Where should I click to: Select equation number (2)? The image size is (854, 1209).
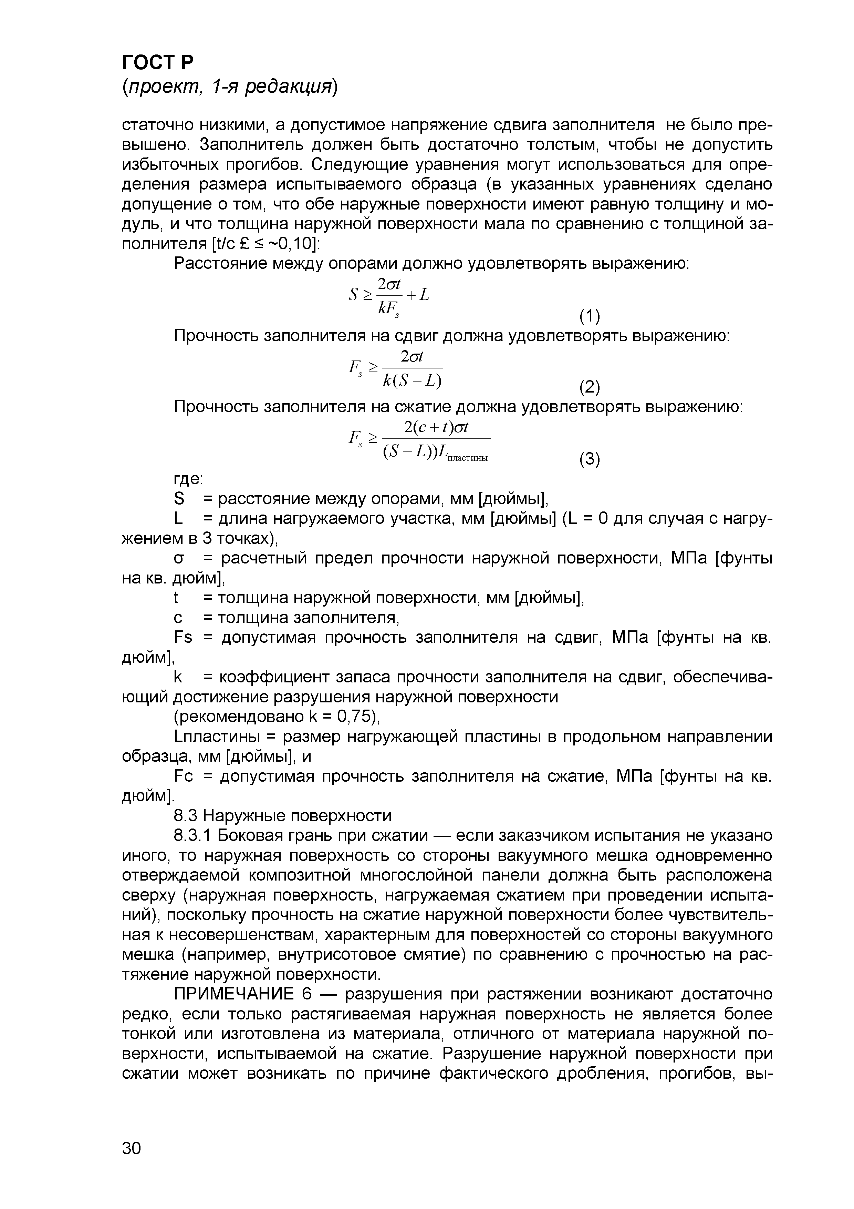pyautogui.click(x=589, y=388)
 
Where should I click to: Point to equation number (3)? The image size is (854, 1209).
pyautogui.click(x=589, y=460)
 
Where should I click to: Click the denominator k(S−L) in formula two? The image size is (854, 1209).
pyautogui.click(x=412, y=380)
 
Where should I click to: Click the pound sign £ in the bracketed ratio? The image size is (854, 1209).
pyautogui.click(x=243, y=244)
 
